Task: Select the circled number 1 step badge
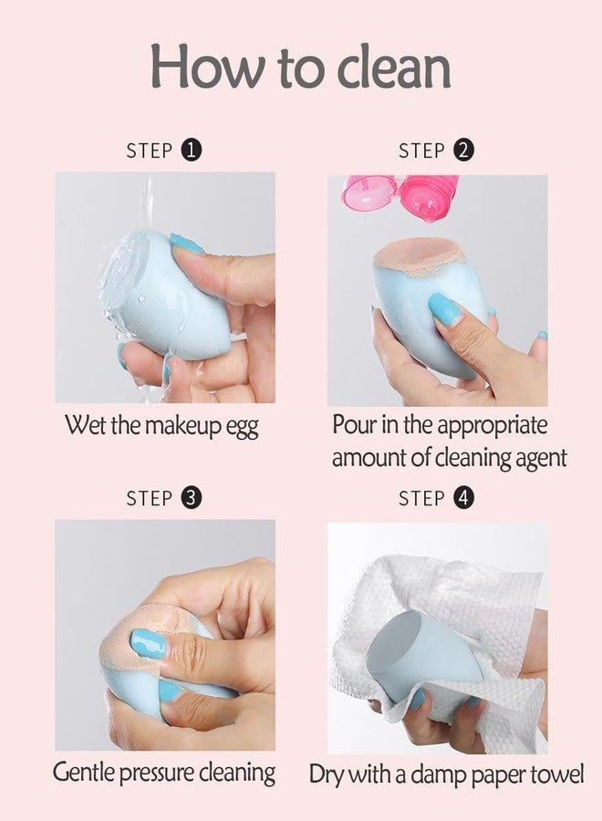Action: [191, 151]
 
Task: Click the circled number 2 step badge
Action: [463, 151]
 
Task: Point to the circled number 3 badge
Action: [191, 497]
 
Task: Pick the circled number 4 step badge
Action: [463, 497]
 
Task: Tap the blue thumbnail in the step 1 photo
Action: [187, 244]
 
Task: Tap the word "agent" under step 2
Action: [541, 459]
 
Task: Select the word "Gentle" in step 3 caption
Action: [83, 774]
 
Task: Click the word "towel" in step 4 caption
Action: [556, 774]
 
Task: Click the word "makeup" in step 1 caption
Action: [183, 426]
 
